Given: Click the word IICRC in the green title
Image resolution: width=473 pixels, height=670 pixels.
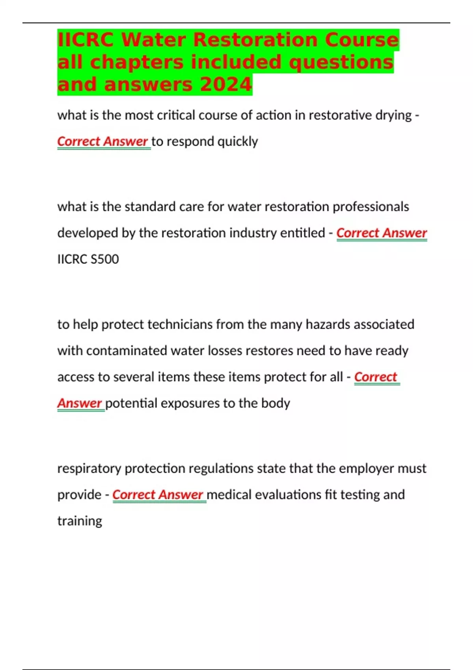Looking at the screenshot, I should pyautogui.click(x=86, y=40).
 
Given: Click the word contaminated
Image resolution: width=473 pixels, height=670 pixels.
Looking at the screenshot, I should pyautogui.click(x=127, y=350).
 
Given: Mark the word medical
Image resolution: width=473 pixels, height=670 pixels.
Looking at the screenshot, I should pyautogui.click(x=229, y=495).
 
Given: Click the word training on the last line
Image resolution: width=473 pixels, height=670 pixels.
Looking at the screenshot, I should pyautogui.click(x=80, y=521).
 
